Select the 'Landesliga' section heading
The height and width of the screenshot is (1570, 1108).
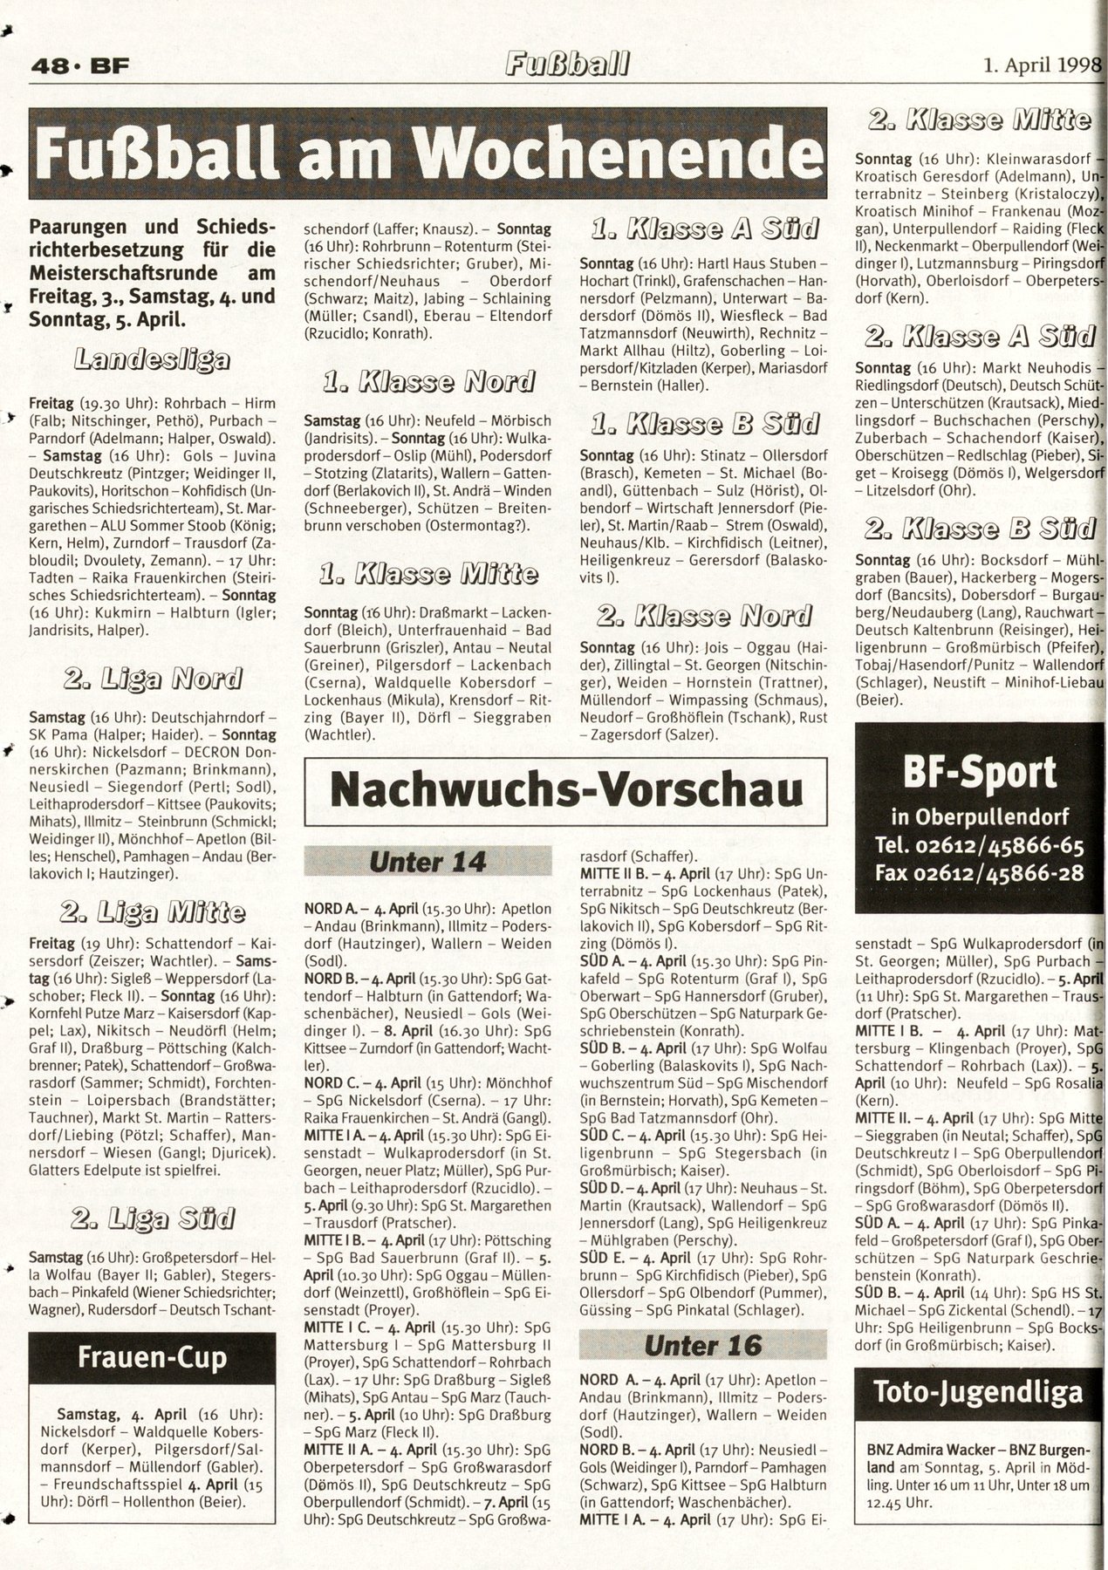point(153,358)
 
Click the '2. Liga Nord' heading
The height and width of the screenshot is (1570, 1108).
point(152,678)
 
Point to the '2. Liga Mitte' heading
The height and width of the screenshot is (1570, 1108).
point(152,913)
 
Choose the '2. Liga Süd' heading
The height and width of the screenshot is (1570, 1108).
point(152,1218)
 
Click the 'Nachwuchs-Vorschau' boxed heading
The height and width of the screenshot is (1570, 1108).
point(565,789)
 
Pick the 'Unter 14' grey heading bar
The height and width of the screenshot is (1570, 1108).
point(427,862)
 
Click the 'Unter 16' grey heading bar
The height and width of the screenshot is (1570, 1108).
point(703,1345)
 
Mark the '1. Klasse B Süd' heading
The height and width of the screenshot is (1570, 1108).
point(703,424)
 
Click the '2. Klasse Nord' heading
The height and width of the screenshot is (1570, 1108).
point(703,617)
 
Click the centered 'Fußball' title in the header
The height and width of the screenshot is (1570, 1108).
point(567,64)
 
